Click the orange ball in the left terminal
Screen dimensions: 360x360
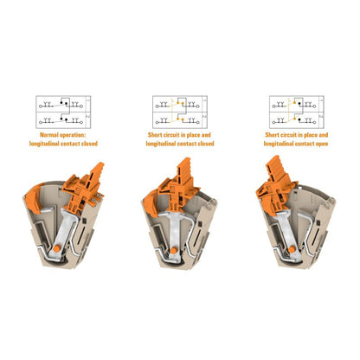pyautogui.click(x=57, y=249)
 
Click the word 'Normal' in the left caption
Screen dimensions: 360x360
pyautogui.click(x=49, y=135)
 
